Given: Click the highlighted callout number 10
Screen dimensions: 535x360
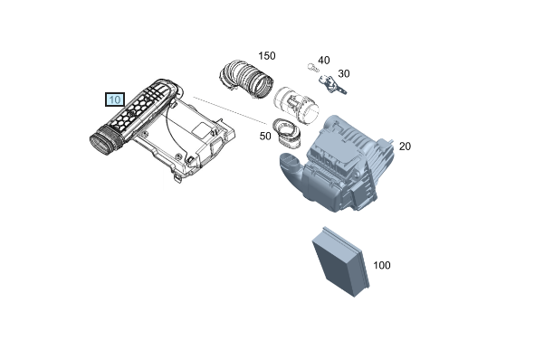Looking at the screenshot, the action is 115,99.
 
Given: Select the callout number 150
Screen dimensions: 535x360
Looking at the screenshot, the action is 267,55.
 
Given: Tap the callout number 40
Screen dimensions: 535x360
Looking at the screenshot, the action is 324,61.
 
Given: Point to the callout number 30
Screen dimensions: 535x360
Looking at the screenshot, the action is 344,73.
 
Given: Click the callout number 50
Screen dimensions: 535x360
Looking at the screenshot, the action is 265,136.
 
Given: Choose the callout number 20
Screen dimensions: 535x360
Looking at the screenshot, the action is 405,147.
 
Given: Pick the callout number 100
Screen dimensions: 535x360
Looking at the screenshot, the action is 382,265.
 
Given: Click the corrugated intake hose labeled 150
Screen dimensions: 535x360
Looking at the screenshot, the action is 246,79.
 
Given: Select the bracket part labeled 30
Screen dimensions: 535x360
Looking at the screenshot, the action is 331,85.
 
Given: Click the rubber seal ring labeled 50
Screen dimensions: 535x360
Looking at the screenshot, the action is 286,134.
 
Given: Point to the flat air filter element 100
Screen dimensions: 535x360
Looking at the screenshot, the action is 341,261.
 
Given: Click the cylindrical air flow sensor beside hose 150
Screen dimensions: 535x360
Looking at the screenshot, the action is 296,106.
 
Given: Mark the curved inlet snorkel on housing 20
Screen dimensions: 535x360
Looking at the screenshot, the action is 292,169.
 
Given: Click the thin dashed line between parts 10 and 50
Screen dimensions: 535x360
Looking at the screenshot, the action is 230,110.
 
